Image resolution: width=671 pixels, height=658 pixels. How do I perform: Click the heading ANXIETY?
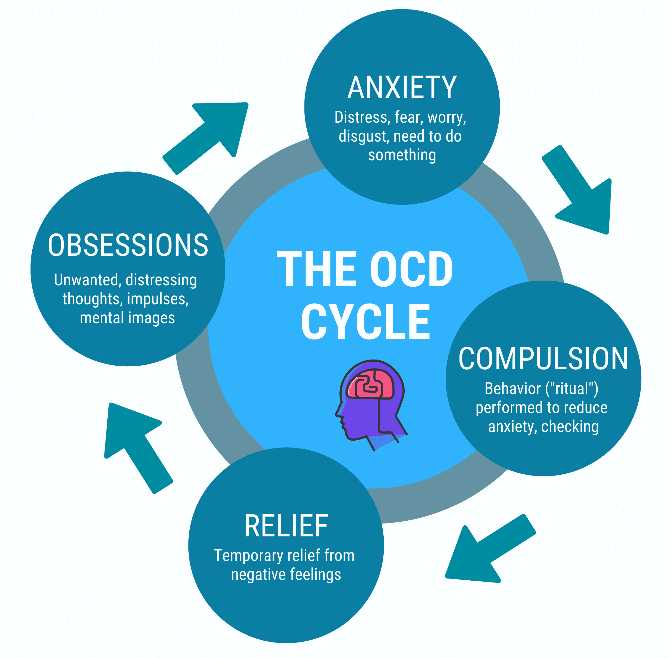coord(402,88)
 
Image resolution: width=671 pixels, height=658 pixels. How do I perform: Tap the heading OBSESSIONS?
coord(128,245)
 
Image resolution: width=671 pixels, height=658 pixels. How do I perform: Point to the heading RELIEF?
coord(286,526)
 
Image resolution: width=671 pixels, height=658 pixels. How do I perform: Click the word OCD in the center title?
coord(411,269)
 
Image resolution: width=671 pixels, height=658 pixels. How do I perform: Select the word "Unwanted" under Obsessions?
coord(86,280)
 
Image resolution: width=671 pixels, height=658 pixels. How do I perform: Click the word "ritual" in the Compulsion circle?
coord(572,388)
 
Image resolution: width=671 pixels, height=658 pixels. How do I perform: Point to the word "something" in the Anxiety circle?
coord(402,155)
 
